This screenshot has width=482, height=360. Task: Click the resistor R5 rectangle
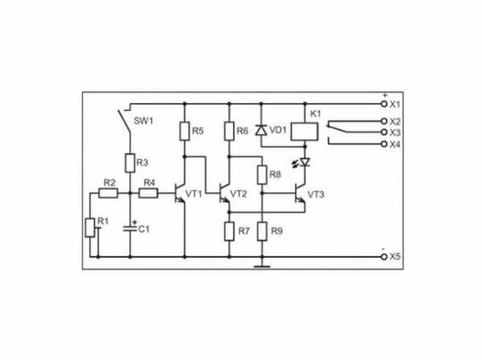(185, 131)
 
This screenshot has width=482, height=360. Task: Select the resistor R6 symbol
(229, 131)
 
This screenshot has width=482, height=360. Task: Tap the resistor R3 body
(130, 163)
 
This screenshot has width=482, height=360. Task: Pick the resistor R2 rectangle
(108, 193)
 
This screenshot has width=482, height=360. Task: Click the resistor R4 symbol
(149, 193)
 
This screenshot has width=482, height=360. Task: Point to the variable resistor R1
(90, 227)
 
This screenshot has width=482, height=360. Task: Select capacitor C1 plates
(129, 228)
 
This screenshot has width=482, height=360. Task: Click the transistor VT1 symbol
(179, 193)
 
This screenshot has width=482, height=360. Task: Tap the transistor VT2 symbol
(224, 193)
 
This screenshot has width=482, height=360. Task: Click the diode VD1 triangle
(261, 131)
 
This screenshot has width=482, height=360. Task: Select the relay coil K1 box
(304, 132)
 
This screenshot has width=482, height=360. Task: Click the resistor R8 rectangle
(262, 174)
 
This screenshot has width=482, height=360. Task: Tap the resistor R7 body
(229, 231)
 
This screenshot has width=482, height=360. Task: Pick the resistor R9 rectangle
(262, 231)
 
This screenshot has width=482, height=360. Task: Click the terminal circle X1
(384, 104)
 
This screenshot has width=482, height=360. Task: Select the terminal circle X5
(384, 256)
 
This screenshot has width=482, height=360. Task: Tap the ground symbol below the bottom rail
(262, 266)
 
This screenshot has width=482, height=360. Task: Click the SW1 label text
(143, 121)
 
